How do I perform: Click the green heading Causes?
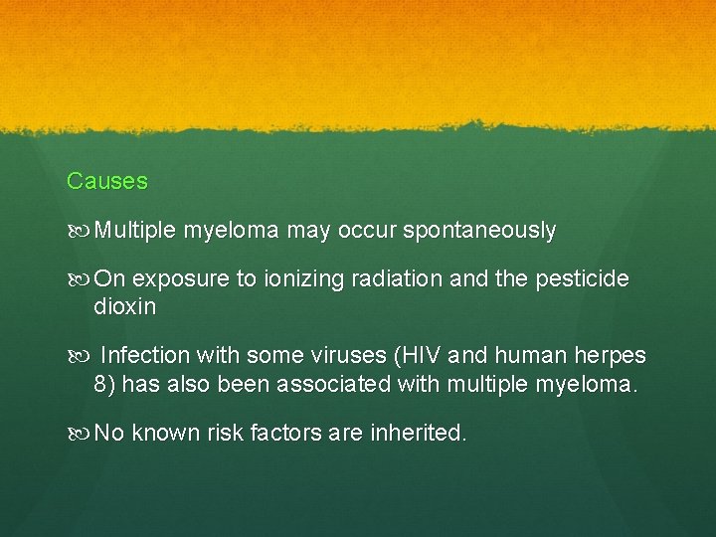(x=107, y=181)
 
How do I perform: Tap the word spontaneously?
(x=480, y=231)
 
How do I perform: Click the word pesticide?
(x=582, y=279)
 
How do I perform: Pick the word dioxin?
(x=125, y=307)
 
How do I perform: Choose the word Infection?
(x=146, y=356)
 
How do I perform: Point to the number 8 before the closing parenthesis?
(x=100, y=384)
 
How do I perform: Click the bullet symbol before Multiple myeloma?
(x=79, y=231)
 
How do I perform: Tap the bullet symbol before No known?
(x=79, y=434)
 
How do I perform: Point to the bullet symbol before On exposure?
(x=79, y=279)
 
